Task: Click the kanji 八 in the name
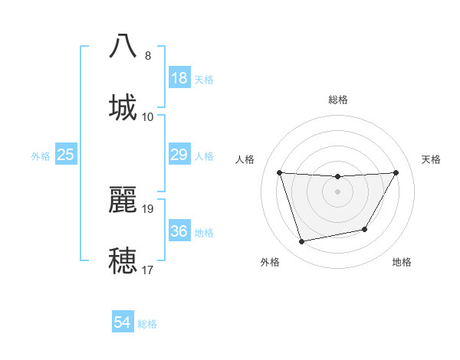(x=123, y=46)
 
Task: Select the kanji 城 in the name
(x=123, y=106)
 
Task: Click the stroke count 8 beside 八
(x=148, y=56)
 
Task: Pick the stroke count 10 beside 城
(x=148, y=116)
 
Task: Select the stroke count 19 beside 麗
(x=148, y=208)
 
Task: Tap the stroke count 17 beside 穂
(x=148, y=270)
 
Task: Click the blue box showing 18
(x=179, y=78)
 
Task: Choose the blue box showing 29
(x=179, y=155)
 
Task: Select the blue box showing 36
(x=179, y=231)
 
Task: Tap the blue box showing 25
(x=66, y=155)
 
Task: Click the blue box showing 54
(x=123, y=323)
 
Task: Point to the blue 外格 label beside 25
(x=41, y=156)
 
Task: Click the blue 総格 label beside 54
(x=147, y=324)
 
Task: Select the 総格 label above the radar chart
(x=338, y=100)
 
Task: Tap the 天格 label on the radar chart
(x=432, y=159)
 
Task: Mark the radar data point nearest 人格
(x=280, y=172)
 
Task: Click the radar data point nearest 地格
(x=365, y=229)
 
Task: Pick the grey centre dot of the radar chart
(x=337, y=191)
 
